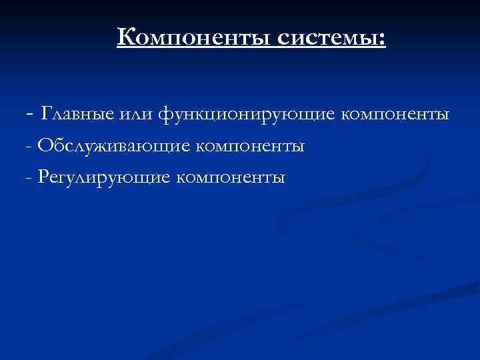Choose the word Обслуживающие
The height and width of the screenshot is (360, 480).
(113, 146)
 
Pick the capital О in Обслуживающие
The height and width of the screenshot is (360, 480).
(45, 145)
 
